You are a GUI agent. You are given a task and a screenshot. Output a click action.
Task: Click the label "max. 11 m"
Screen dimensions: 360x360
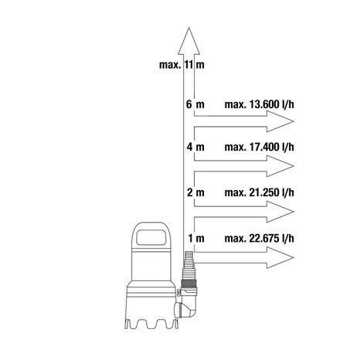pos(182,65)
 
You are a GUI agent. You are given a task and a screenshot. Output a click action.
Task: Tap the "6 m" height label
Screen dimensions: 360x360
pos(195,104)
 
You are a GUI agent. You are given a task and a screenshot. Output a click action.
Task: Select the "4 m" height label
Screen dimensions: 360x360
pos(195,147)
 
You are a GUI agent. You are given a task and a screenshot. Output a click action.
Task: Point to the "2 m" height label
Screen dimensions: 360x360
pos(195,192)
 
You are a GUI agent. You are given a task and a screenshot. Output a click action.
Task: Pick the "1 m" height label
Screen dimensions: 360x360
pos(196,238)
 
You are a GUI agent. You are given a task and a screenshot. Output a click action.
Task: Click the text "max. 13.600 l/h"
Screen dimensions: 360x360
pos(259,104)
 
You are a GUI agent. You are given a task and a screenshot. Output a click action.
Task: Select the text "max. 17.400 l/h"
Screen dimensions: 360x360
pos(259,147)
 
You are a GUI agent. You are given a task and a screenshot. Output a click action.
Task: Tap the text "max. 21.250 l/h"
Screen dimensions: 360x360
pos(259,192)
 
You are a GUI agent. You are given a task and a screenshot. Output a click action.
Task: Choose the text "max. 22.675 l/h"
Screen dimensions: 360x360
pos(259,238)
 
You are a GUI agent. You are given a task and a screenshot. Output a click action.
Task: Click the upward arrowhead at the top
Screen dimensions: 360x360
pos(189,41)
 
